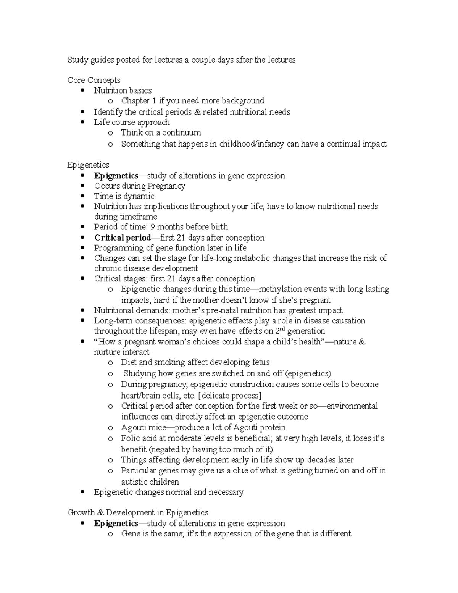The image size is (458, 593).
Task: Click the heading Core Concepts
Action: tap(94, 80)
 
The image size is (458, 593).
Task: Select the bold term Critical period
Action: tap(122, 238)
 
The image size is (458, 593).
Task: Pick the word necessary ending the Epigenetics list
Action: tap(226, 492)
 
